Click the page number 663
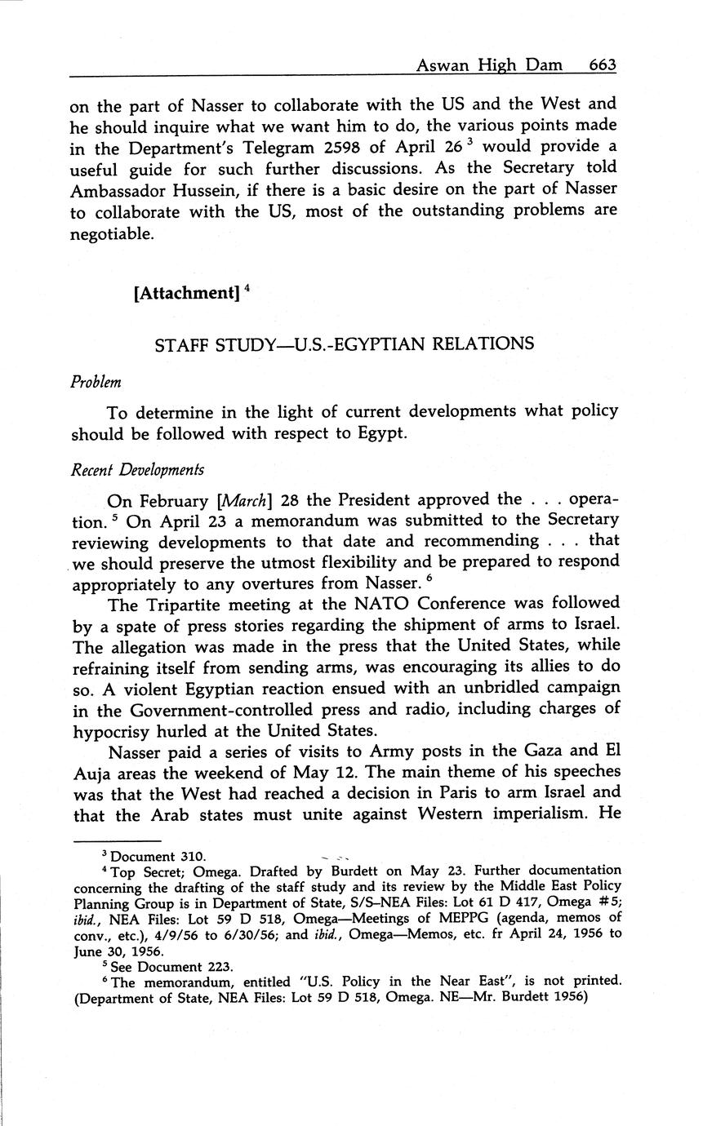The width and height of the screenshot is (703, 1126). point(602,65)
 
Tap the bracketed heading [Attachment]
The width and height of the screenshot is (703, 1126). point(185,292)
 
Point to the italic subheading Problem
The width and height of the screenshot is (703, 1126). point(96,382)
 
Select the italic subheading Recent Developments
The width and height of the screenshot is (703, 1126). point(137,470)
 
